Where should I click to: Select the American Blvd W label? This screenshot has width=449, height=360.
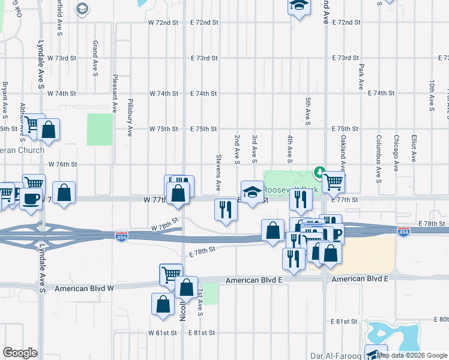click(84, 289)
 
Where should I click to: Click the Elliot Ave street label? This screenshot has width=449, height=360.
click(414, 148)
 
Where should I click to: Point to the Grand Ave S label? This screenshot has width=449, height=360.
click(95, 59)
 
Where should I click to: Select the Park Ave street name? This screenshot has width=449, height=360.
click(361, 77)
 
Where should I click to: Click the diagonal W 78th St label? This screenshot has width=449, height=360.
click(166, 224)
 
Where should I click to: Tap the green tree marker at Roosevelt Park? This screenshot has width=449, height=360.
click(320, 173)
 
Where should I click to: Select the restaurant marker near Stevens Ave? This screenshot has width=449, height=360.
click(226, 209)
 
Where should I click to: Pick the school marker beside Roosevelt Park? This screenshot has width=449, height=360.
click(253, 192)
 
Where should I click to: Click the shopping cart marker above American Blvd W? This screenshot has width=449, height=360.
click(171, 274)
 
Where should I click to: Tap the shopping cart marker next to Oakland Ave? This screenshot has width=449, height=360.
click(333, 181)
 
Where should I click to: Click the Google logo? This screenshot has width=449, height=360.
click(20, 353)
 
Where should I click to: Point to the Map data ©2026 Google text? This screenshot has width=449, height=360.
click(412, 355)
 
